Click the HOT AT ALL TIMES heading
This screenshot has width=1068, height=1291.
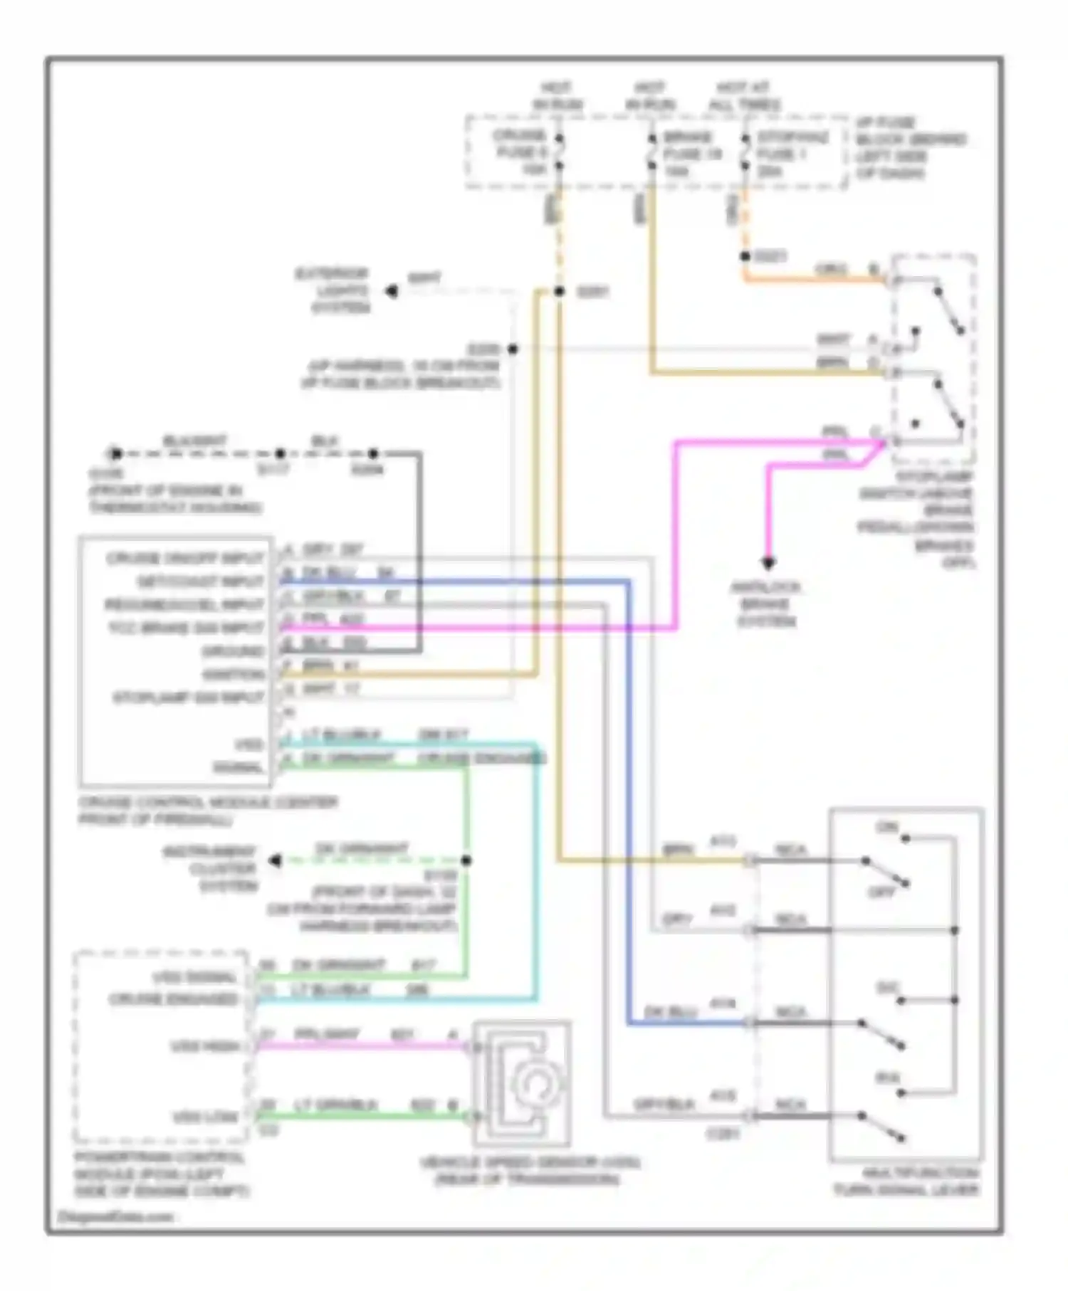pyautogui.click(x=744, y=96)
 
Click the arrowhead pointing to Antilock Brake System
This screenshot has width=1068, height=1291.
pyautogui.click(x=768, y=564)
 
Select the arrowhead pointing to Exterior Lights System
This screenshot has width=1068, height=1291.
pyautogui.click(x=392, y=291)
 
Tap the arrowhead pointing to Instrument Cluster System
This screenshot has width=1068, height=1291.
pyautogui.click(x=276, y=861)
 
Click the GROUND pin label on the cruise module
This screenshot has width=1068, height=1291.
pyautogui.click(x=233, y=651)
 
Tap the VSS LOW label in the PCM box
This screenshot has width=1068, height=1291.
pyautogui.click(x=206, y=1117)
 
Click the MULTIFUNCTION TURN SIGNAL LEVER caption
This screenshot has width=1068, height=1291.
pyautogui.click(x=907, y=1181)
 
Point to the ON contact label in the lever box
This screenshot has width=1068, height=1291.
pyautogui.click(x=887, y=827)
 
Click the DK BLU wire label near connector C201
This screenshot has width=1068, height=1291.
pyautogui.click(x=669, y=1011)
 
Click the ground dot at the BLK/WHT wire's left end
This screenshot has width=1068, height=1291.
pyautogui.click(x=115, y=453)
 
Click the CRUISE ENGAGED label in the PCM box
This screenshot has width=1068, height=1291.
pyautogui.click(x=173, y=999)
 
